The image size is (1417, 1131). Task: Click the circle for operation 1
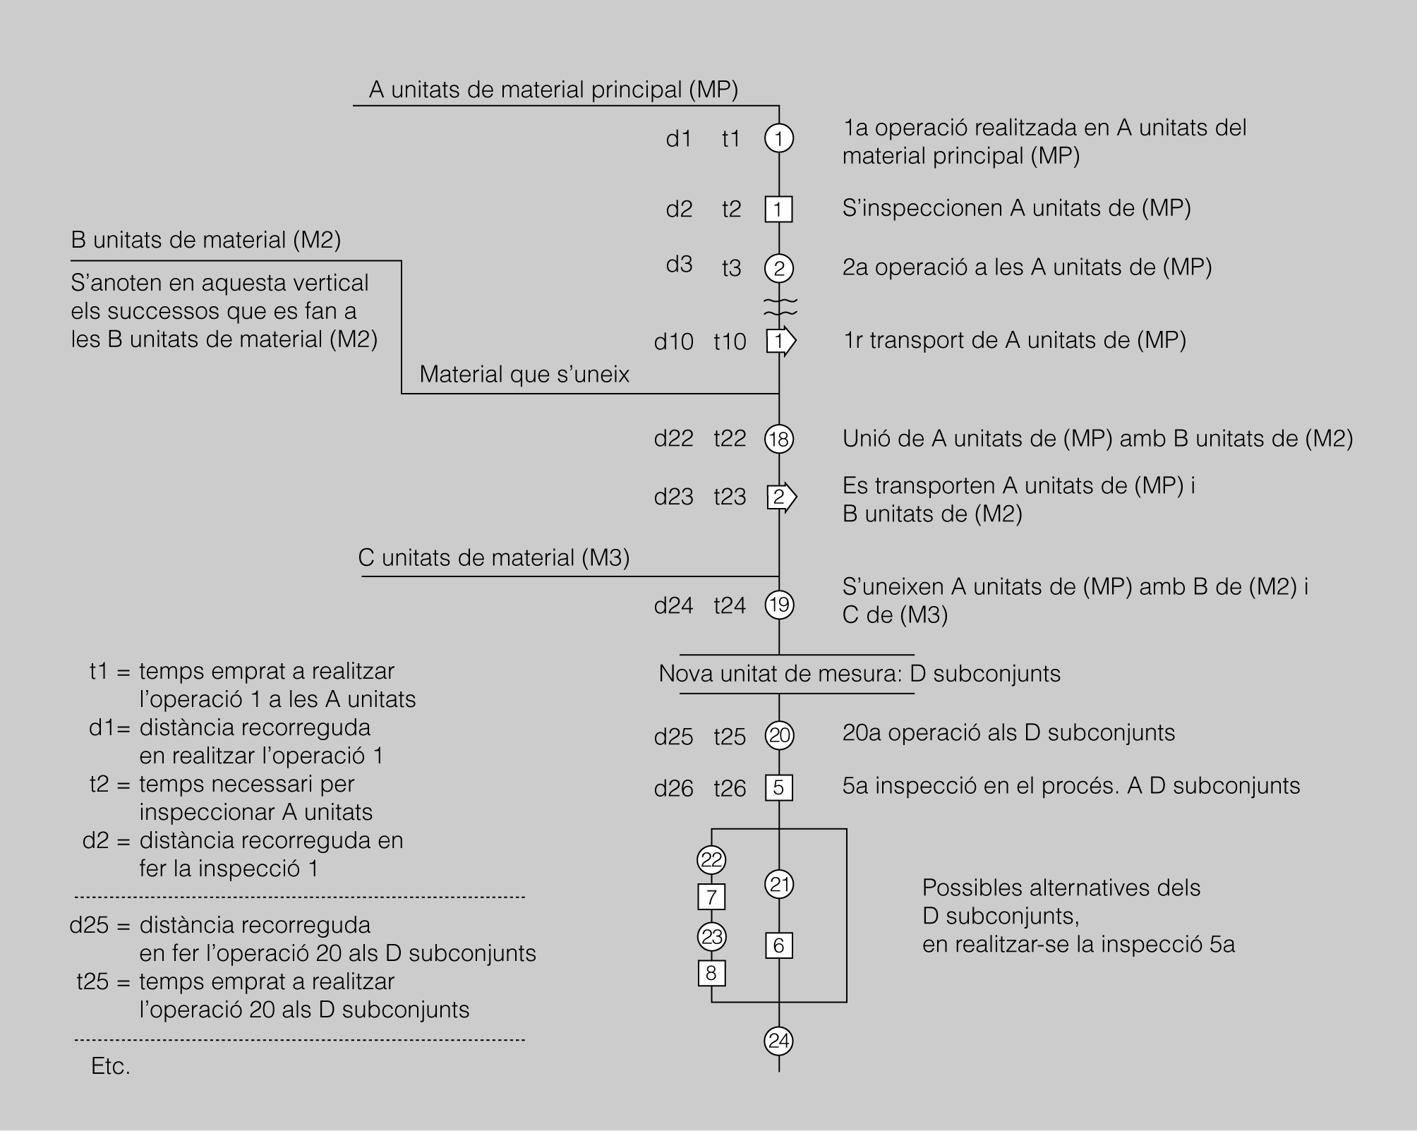pyautogui.click(x=779, y=138)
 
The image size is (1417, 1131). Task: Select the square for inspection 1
pyautogui.click(x=779, y=209)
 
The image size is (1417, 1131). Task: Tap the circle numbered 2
pyautogui.click(x=779, y=268)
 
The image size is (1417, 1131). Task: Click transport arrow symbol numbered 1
pyautogui.click(x=780, y=341)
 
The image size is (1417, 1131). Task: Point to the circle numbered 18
pyautogui.click(x=779, y=439)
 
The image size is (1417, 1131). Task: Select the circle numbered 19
pyautogui.click(x=779, y=605)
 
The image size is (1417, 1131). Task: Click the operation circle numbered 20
pyautogui.click(x=779, y=735)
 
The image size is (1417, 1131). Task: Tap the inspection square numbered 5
pyautogui.click(x=779, y=787)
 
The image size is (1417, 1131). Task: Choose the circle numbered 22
pyautogui.click(x=711, y=859)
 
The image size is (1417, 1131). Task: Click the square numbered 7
pyautogui.click(x=711, y=897)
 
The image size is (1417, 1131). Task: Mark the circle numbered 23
pyautogui.click(x=711, y=936)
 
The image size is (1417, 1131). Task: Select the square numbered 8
pyautogui.click(x=711, y=974)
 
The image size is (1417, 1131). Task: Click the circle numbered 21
pyautogui.click(x=779, y=884)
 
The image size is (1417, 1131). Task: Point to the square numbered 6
pyautogui.click(x=779, y=945)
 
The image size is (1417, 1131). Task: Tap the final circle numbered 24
pyautogui.click(x=779, y=1041)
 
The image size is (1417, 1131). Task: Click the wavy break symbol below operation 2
pyautogui.click(x=780, y=306)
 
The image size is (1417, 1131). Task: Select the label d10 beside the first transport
pyautogui.click(x=674, y=341)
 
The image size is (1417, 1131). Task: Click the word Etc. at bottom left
pyautogui.click(x=111, y=1066)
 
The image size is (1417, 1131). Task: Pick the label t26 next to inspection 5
pyautogui.click(x=730, y=788)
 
